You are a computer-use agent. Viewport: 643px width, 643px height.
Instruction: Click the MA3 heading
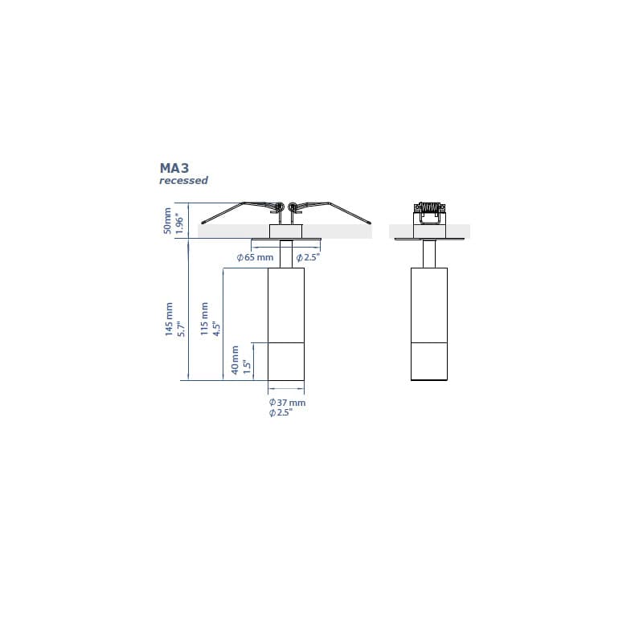point(174,168)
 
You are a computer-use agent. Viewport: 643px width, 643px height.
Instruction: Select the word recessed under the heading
point(184,180)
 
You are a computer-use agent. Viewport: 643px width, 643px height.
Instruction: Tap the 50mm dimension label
point(167,220)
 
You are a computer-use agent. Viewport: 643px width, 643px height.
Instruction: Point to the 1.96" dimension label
point(179,223)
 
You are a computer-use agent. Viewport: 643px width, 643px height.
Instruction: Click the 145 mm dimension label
point(169,319)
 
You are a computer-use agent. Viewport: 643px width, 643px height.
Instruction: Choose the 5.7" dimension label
point(181,329)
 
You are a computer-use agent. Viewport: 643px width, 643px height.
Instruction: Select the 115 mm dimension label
point(204,318)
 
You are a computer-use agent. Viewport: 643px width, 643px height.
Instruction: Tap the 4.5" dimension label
point(216,328)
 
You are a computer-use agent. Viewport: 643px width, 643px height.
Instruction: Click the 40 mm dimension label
point(235,360)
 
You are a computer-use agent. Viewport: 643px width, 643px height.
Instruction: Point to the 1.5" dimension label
point(247,367)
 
